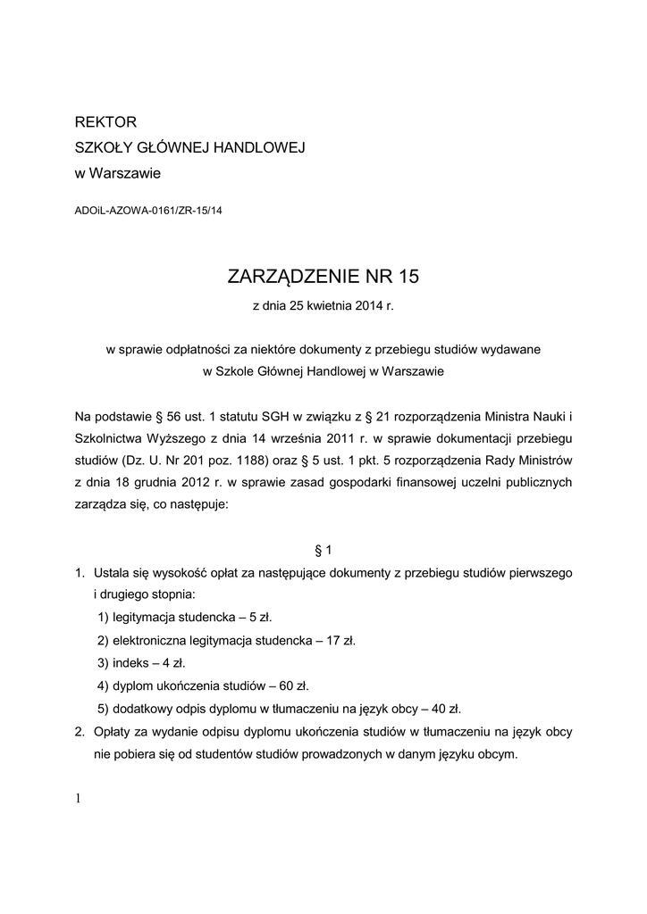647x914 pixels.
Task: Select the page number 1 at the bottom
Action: pyautogui.click(x=79, y=798)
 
